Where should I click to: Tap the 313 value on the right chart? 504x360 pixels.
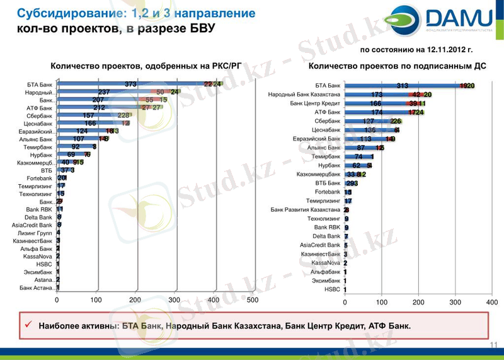(403, 86)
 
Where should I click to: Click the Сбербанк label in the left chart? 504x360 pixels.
(40, 116)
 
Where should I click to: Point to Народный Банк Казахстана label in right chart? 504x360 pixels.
(304, 95)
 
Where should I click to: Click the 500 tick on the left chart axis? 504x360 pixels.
(253, 300)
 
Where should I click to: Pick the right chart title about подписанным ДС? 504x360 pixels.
(398, 66)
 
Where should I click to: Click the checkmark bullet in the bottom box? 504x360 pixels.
(28, 325)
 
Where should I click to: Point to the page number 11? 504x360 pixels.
(493, 345)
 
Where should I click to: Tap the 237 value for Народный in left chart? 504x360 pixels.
(105, 92)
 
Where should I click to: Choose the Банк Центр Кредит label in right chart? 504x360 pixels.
(315, 103)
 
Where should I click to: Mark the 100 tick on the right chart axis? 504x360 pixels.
(382, 303)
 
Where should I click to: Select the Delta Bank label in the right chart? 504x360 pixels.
(326, 236)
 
